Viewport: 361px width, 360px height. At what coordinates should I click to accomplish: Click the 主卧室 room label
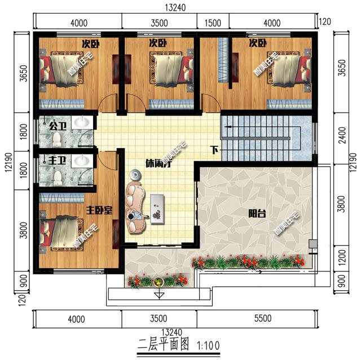[x=99, y=210]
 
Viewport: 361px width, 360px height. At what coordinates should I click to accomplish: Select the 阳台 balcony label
[x=258, y=214]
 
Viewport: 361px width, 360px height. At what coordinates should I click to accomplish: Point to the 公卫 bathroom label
[x=58, y=125]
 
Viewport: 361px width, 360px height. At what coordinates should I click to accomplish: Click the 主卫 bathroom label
[x=57, y=162]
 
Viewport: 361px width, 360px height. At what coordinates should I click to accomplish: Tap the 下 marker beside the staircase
[x=214, y=150]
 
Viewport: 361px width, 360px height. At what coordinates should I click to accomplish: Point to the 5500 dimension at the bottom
[x=262, y=318]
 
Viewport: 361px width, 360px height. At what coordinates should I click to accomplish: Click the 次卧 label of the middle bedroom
[x=156, y=43]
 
